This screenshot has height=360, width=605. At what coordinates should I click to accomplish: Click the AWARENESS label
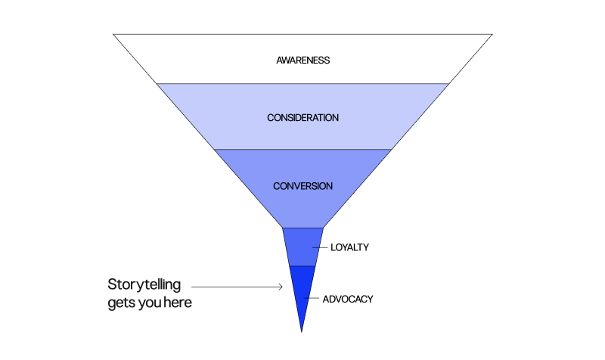[x=302, y=60]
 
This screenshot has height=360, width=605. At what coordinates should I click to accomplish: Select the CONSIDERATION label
[x=302, y=118]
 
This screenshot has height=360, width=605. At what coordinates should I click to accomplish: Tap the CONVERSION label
[x=302, y=186]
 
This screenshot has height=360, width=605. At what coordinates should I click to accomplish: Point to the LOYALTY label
[x=349, y=247]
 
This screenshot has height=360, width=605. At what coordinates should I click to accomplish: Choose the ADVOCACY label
[x=348, y=299]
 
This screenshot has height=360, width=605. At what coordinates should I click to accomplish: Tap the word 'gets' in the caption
[x=123, y=303]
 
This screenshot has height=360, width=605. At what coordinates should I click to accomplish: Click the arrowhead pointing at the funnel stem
[x=280, y=287]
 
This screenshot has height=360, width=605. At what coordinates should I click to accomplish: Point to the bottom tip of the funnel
[x=302, y=331]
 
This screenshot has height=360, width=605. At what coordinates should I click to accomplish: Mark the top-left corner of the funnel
[x=113, y=34]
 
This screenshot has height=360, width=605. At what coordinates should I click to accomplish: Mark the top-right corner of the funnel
[x=492, y=34]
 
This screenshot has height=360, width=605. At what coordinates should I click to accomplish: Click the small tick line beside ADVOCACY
[x=309, y=299]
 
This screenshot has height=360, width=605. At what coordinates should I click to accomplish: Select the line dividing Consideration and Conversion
[x=302, y=150]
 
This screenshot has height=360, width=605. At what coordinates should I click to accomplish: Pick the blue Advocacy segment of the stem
[x=302, y=291]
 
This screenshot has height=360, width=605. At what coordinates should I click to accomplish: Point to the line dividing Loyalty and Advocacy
[x=302, y=266]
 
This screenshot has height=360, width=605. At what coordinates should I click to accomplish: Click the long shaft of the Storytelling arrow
[x=234, y=287]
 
